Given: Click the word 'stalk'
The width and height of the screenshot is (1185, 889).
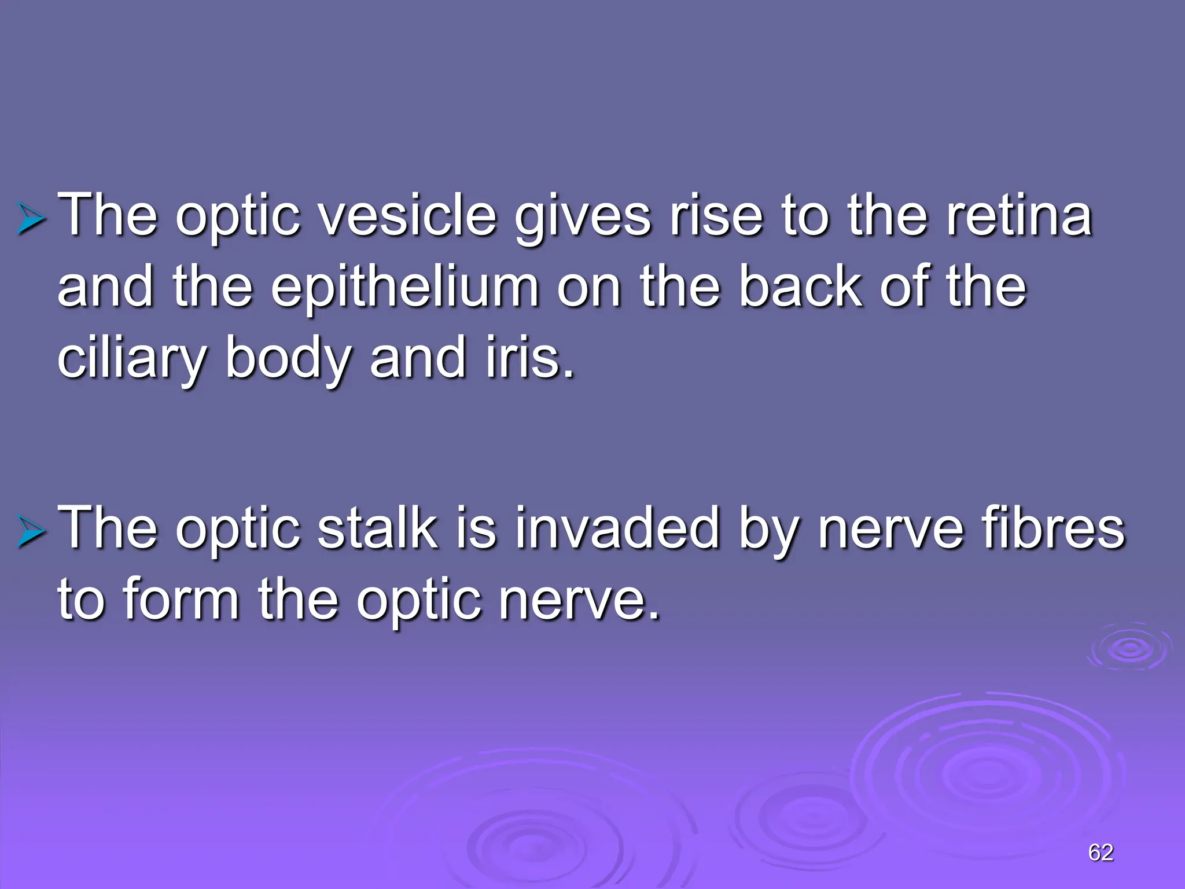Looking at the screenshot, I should (x=377, y=527).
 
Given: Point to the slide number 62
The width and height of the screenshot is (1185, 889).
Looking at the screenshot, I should (x=1101, y=852).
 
